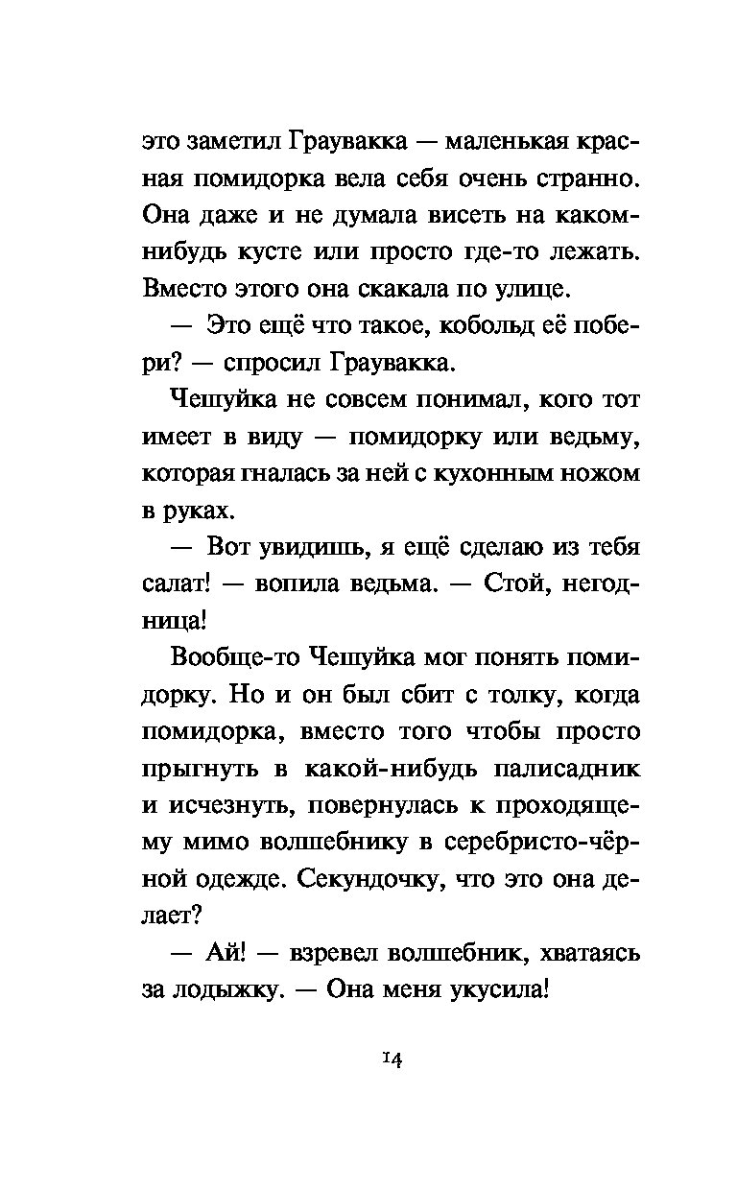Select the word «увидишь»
point(305,548)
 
